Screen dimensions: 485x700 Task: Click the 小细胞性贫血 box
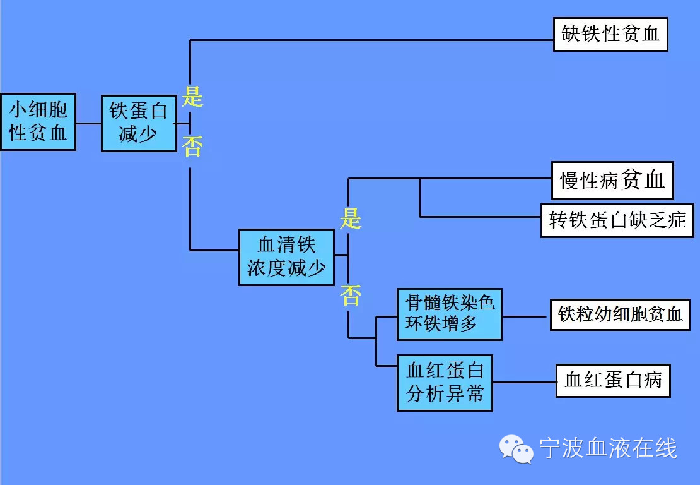click(x=38, y=122)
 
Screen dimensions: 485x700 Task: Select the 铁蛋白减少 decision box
click(x=139, y=123)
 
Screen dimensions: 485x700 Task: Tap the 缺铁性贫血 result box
click(x=610, y=34)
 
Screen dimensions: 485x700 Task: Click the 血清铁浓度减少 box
click(x=286, y=257)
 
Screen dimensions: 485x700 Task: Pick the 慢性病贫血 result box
click(x=612, y=181)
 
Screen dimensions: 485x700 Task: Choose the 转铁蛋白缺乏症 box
click(x=617, y=220)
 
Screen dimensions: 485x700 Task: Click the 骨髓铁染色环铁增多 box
click(x=449, y=314)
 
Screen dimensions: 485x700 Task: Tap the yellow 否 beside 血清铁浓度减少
click(x=350, y=294)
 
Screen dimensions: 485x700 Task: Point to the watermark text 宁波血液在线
click(x=608, y=449)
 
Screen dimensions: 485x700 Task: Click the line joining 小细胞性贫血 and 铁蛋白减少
click(x=88, y=123)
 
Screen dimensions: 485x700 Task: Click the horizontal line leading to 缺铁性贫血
click(x=372, y=40)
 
